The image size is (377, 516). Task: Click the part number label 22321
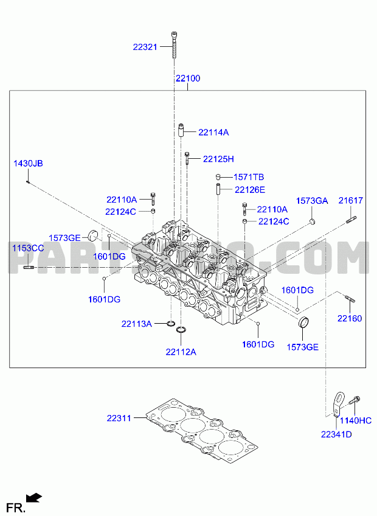point(145,47)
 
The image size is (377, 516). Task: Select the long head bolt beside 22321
point(174,45)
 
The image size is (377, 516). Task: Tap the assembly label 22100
point(188,78)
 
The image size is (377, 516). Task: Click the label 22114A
point(213,132)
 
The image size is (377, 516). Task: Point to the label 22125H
point(218,159)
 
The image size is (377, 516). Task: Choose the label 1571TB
point(249,177)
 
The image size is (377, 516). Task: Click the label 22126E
point(250,190)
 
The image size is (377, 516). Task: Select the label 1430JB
point(29,164)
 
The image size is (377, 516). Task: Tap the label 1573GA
point(312,201)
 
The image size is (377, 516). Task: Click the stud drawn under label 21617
point(351,220)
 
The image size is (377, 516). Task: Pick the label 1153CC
point(29,248)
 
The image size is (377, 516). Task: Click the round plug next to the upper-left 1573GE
point(93,235)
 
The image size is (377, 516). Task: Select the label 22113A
point(137,324)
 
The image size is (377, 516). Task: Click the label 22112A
point(181,352)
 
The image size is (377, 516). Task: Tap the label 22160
point(350,319)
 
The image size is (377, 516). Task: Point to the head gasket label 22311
point(119,418)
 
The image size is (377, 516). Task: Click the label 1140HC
point(356,420)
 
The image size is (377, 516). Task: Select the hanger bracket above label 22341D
point(337,404)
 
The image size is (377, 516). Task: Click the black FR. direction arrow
point(34,498)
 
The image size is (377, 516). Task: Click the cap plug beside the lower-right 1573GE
point(303,322)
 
